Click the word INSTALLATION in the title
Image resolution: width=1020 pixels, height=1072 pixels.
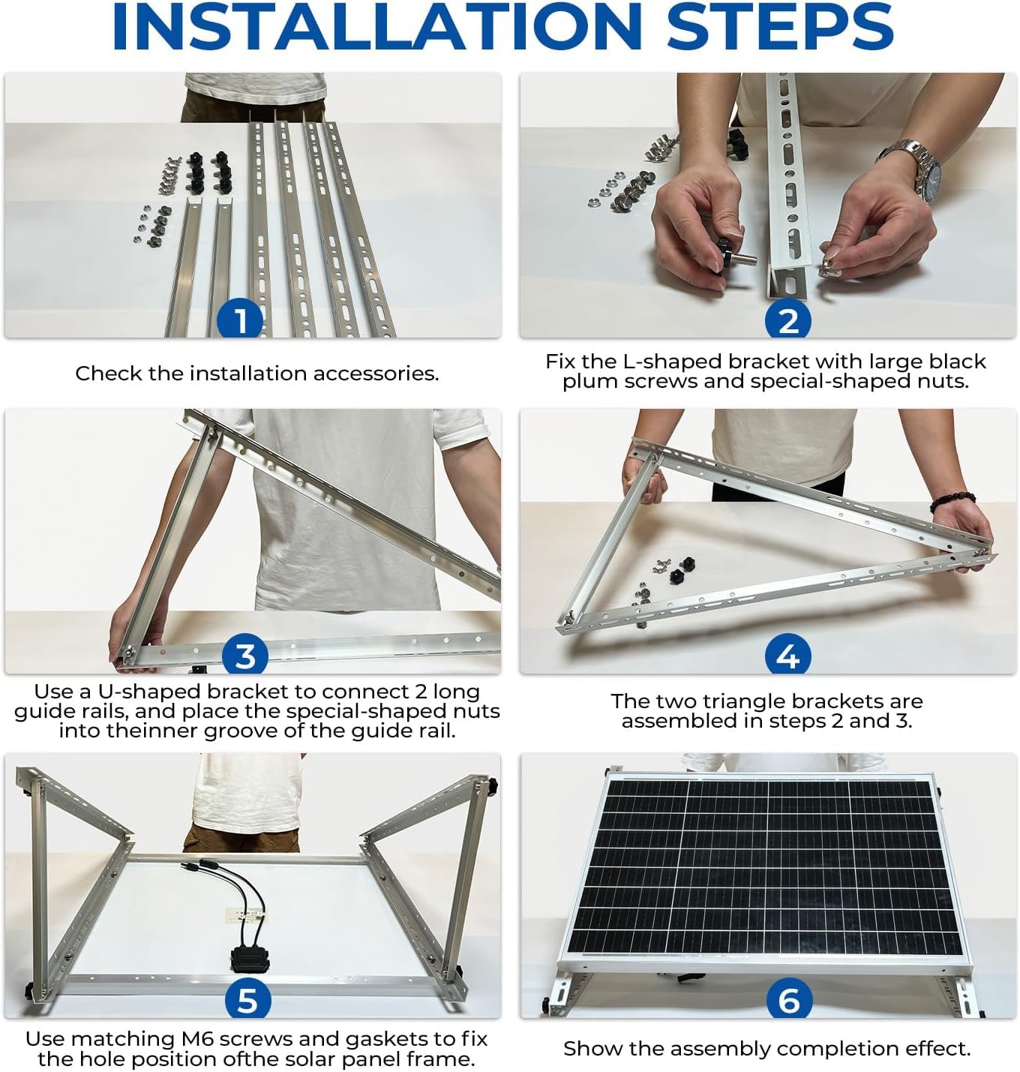pos(377,27)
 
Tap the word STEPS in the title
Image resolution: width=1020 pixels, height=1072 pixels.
pos(780,27)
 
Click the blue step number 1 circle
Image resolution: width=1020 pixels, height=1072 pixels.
pos(241,320)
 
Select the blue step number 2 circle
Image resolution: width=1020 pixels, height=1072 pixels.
pos(787,320)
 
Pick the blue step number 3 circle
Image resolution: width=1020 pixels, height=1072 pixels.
pos(245,655)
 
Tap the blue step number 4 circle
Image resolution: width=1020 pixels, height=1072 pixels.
pos(787,655)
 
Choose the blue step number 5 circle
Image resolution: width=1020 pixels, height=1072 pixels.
pos(248,998)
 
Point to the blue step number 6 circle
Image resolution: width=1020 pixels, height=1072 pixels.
pos(789,998)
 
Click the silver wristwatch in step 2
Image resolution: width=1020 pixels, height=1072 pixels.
pos(913,168)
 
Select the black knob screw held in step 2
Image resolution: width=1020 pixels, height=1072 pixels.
pos(734,254)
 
